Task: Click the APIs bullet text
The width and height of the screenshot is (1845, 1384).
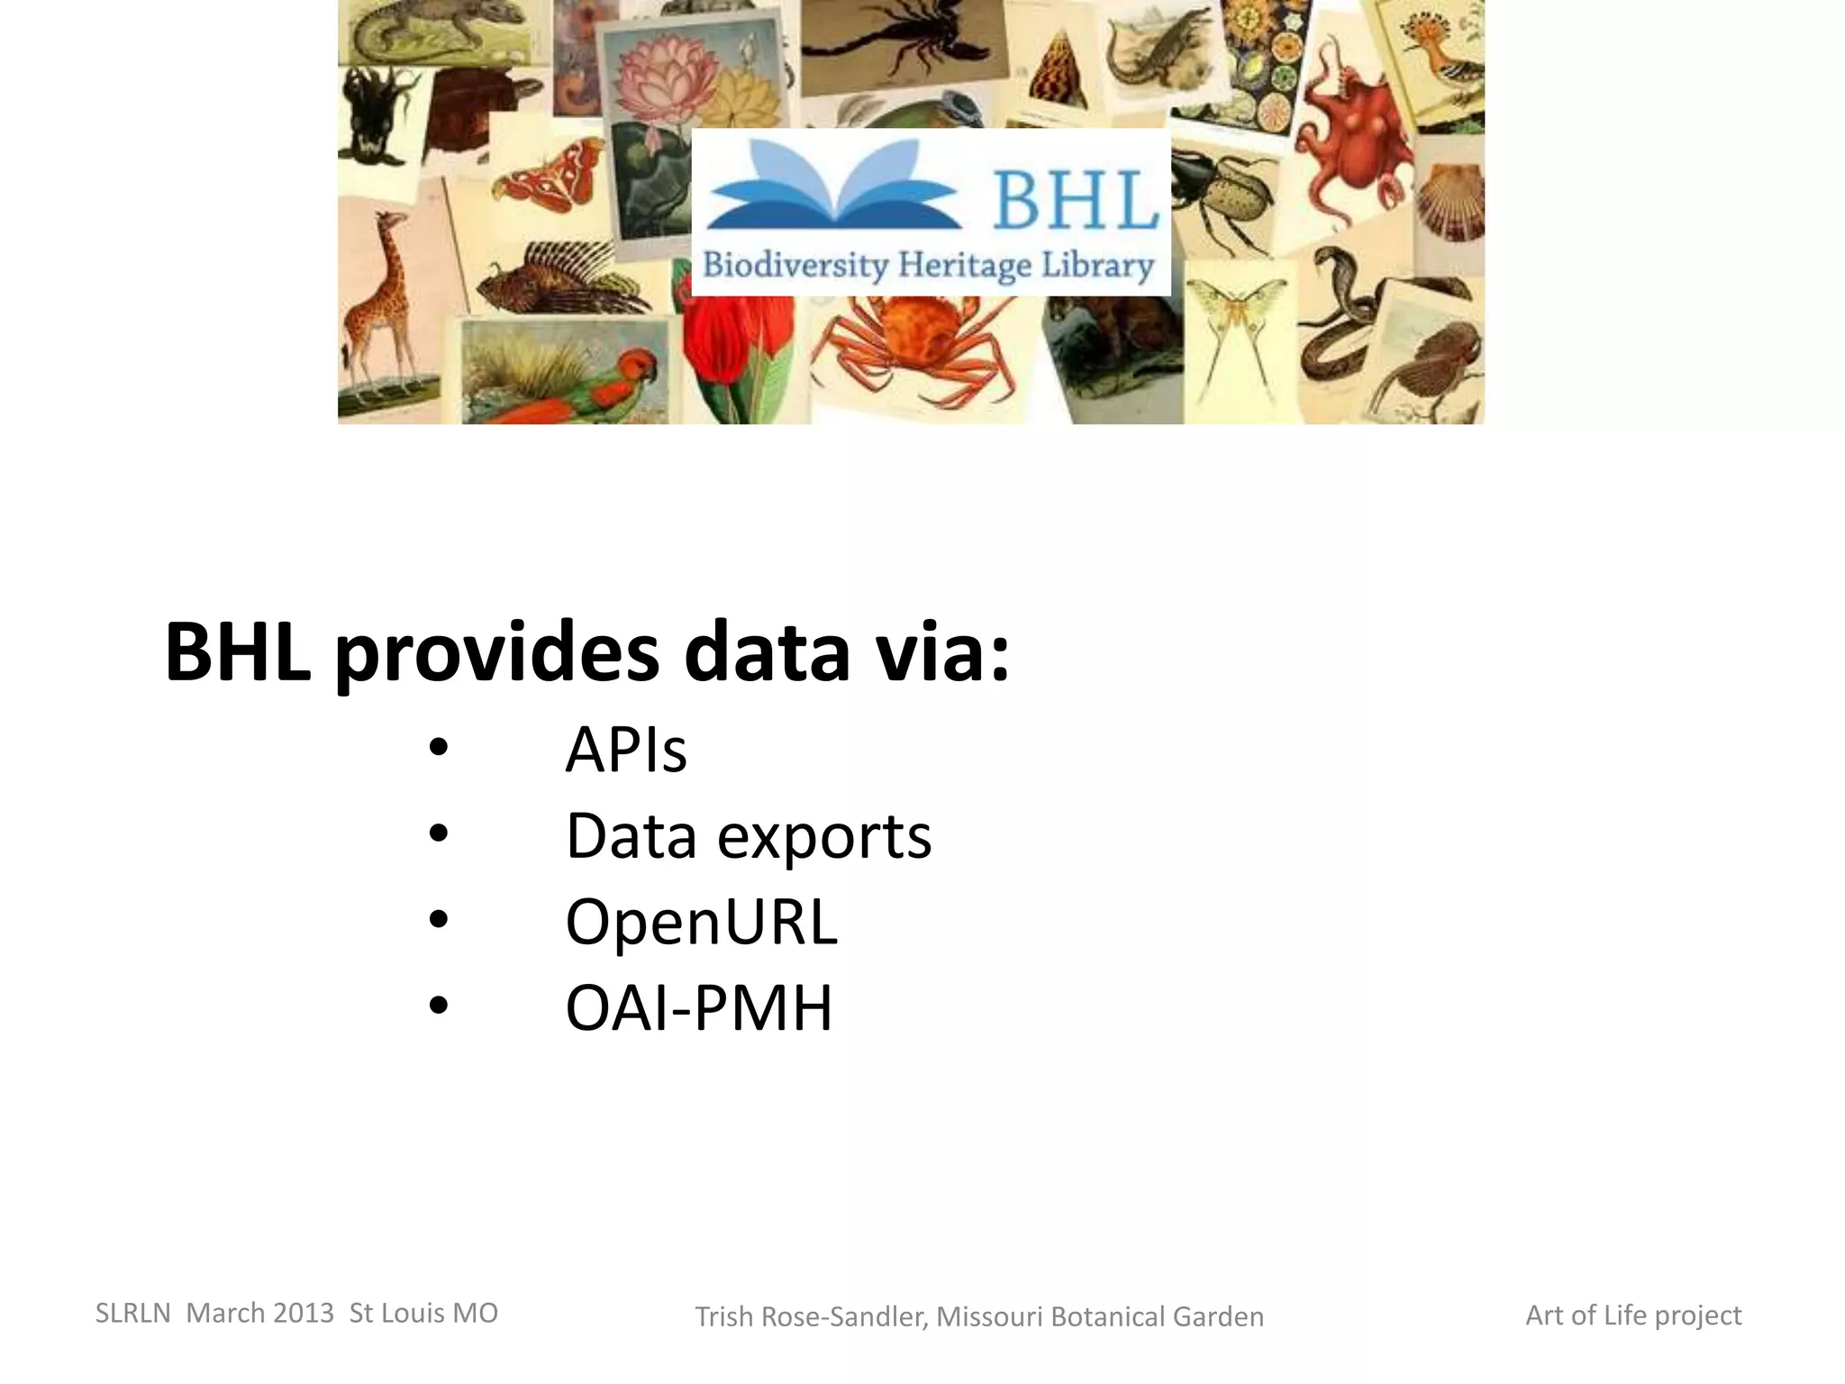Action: tap(625, 750)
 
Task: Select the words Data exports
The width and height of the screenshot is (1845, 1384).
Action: tap(748, 836)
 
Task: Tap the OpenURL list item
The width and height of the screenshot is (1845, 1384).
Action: tap(701, 922)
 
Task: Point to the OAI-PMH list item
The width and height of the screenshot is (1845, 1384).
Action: tap(698, 1007)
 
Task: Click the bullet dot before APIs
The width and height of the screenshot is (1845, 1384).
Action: tap(439, 748)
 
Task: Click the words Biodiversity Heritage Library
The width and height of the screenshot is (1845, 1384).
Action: tap(928, 266)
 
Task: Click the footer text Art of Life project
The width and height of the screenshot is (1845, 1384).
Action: tap(1632, 1316)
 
